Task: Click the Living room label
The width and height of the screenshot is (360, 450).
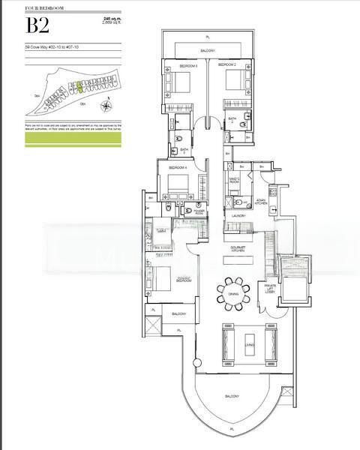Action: (249, 344)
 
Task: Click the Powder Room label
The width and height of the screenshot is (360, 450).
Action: (199, 211)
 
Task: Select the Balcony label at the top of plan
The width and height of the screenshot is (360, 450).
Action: (208, 50)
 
